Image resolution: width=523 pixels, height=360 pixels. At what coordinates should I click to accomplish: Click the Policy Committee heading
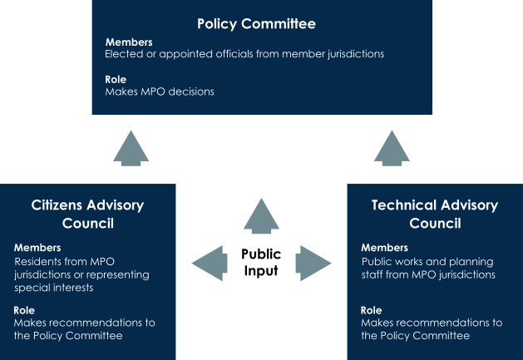(x=256, y=24)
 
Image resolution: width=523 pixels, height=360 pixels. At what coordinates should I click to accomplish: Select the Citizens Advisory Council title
(x=88, y=215)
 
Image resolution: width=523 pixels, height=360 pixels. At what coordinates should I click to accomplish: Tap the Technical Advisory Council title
(x=435, y=215)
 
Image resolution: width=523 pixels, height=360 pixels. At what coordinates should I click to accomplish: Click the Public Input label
(x=261, y=263)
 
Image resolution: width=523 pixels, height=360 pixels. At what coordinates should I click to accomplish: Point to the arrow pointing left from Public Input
(x=210, y=264)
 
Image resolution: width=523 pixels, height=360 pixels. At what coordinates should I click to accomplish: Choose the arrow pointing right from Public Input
(x=313, y=264)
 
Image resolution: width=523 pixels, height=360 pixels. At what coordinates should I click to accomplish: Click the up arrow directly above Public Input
(x=261, y=216)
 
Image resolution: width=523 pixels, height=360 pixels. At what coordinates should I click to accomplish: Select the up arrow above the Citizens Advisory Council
(x=131, y=148)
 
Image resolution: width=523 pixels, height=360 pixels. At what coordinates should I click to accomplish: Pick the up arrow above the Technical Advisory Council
(x=392, y=148)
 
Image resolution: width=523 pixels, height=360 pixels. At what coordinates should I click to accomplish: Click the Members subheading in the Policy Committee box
(x=129, y=42)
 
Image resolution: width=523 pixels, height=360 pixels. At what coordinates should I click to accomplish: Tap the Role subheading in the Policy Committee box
(x=116, y=80)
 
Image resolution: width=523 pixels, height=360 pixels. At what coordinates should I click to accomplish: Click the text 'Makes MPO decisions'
(x=160, y=91)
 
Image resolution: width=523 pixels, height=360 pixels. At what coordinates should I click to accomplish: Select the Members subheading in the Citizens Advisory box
(x=37, y=248)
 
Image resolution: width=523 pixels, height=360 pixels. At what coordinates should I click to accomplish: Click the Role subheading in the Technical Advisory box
(x=371, y=311)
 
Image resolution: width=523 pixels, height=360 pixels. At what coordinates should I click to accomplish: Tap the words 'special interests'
(x=54, y=288)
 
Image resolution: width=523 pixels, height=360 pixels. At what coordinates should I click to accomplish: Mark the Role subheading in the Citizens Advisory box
(x=24, y=311)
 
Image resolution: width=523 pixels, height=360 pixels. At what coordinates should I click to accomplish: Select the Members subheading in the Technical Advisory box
(x=385, y=248)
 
